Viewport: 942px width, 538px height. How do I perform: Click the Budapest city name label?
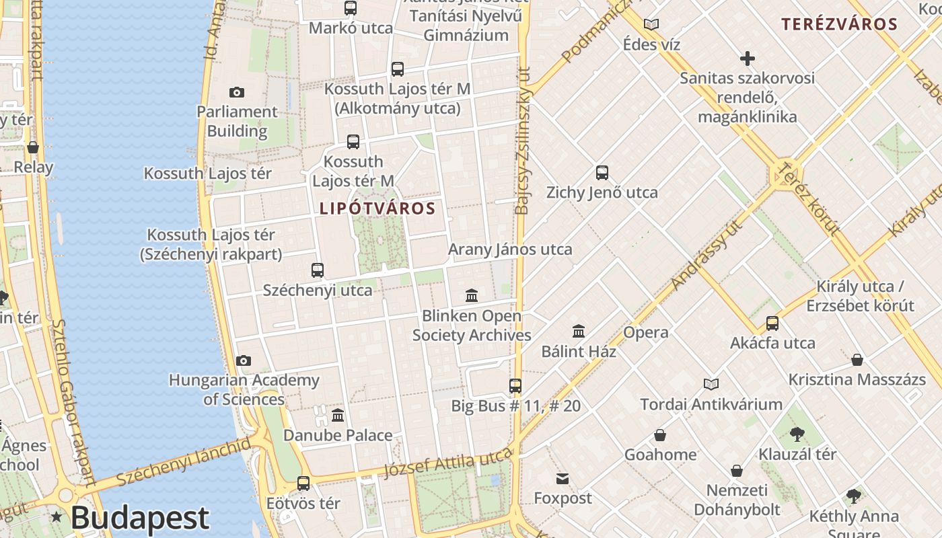pyautogui.click(x=140, y=518)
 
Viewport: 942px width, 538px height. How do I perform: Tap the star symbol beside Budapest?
pyautogui.click(x=57, y=517)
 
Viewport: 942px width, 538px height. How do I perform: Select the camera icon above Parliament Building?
pyautogui.click(x=237, y=92)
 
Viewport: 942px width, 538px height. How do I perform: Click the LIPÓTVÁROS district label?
pyautogui.click(x=377, y=208)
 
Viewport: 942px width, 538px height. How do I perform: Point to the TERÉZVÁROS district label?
pyautogui.click(x=839, y=25)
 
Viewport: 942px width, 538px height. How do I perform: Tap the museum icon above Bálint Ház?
pyautogui.click(x=579, y=331)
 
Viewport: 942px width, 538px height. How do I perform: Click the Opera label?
pyautogui.click(x=646, y=332)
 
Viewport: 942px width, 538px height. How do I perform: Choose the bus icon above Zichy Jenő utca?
pyautogui.click(x=602, y=173)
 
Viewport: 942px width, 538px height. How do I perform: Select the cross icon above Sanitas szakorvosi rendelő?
pyautogui.click(x=747, y=59)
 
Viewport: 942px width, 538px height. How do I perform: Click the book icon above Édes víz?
pyautogui.click(x=651, y=25)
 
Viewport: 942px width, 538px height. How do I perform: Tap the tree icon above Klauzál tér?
pyautogui.click(x=797, y=434)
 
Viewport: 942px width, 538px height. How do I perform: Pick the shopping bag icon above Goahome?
pyautogui.click(x=660, y=435)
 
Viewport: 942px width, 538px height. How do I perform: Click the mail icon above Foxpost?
pyautogui.click(x=563, y=479)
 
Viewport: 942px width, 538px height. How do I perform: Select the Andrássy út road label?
pyautogui.click(x=706, y=256)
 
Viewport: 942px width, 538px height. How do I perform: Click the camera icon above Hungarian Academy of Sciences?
pyautogui.click(x=244, y=361)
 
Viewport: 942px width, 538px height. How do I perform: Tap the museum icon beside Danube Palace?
pyautogui.click(x=338, y=415)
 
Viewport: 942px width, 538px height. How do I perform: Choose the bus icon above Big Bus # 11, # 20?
pyautogui.click(x=515, y=386)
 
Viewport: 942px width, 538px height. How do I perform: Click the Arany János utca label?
pyautogui.click(x=510, y=249)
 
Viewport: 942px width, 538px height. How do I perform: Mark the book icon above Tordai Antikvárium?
pyautogui.click(x=711, y=384)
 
